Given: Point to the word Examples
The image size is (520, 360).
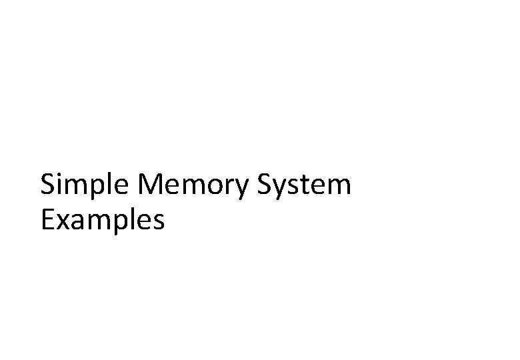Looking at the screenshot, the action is pyautogui.click(x=102, y=219).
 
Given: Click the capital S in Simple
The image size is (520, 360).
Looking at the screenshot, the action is pyautogui.click(x=47, y=185).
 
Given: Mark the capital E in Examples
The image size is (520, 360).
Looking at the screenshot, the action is pyautogui.click(x=47, y=219).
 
